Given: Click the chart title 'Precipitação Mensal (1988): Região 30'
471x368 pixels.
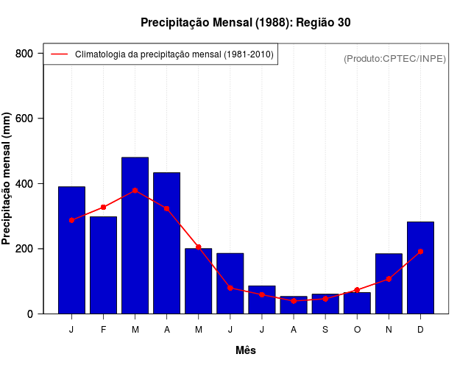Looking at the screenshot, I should click(x=245, y=23).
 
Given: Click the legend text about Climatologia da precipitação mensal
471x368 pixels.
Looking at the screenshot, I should click(x=174, y=54).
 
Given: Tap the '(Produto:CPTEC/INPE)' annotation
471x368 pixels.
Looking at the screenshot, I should click(x=394, y=58).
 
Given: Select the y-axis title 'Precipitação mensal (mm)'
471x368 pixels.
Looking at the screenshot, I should click(x=7, y=179).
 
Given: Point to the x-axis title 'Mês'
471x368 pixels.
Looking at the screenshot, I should click(x=246, y=350).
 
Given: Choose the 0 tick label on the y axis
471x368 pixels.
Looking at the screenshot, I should click(x=30, y=314).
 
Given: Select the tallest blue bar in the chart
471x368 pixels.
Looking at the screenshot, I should click(x=135, y=236).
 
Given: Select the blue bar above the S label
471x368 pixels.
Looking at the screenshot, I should click(x=325, y=304).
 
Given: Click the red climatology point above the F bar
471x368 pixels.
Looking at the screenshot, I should click(x=103, y=208).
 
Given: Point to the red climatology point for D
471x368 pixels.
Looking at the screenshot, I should click(x=420, y=252).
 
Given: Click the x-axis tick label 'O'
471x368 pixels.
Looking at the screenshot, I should click(x=357, y=330).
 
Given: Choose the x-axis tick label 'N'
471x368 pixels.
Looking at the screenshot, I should click(x=389, y=330).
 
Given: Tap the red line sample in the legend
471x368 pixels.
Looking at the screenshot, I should click(x=59, y=54).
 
